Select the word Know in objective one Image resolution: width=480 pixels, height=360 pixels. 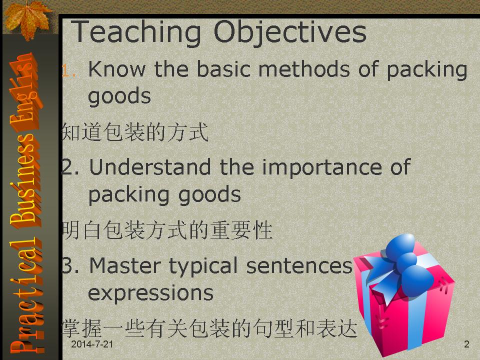click(116, 69)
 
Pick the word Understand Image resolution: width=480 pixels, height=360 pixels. click(150, 167)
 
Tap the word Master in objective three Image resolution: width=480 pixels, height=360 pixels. click(125, 265)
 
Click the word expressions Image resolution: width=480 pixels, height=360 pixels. click(150, 294)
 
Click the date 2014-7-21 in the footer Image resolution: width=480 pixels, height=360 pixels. click(92, 344)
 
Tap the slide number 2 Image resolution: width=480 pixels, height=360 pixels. click(466, 344)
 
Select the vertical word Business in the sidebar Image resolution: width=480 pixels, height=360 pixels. click(25, 177)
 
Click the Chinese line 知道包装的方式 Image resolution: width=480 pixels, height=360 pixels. click(135, 132)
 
